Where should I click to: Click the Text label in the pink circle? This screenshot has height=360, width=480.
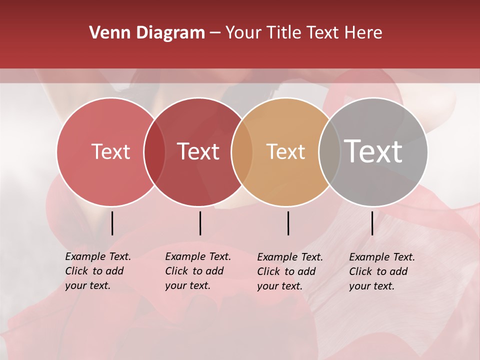110,151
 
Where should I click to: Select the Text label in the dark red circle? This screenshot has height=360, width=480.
198,151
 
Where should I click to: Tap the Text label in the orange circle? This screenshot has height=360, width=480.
285,151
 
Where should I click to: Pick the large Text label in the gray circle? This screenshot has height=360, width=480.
373,151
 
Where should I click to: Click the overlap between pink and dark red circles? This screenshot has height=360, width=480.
154,151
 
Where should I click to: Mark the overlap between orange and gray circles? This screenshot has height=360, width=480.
329,151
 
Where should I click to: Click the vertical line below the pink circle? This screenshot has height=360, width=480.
112,223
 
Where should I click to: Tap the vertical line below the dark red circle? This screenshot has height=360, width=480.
200,223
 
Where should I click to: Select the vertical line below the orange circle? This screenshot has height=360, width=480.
288,223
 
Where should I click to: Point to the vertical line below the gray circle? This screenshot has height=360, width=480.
372,223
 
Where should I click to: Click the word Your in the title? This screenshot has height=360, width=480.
243,33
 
